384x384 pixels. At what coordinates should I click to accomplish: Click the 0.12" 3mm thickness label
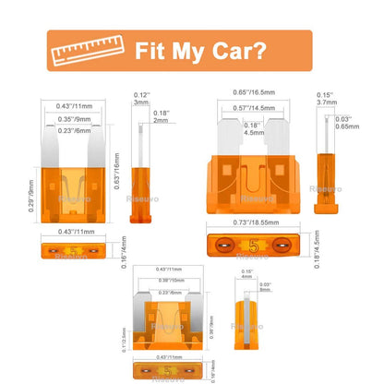[141, 100]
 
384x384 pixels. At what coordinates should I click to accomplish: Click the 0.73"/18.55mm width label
[252, 224]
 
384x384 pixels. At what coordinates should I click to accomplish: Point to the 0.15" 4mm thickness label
[246, 274]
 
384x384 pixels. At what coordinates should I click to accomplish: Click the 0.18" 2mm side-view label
[161, 115]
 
